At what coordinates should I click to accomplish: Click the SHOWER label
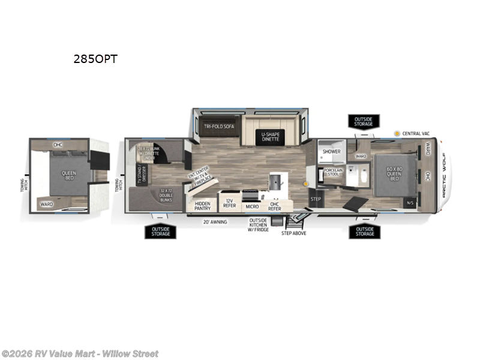(x=332, y=151)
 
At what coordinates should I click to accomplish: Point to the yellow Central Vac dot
(x=397, y=133)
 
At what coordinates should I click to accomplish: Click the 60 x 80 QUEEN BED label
(x=394, y=174)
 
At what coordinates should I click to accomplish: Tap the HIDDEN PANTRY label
(x=202, y=206)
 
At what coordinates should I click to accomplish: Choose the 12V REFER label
(x=229, y=203)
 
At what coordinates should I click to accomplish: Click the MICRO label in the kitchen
(x=253, y=206)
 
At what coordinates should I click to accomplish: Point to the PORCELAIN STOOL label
(x=333, y=173)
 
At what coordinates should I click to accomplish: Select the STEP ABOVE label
(x=294, y=233)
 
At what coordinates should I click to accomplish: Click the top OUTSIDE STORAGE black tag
(x=364, y=122)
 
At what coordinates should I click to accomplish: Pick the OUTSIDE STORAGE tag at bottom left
(x=160, y=231)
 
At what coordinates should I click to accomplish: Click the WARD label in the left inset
(x=46, y=204)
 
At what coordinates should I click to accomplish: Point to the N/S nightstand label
(x=410, y=203)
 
